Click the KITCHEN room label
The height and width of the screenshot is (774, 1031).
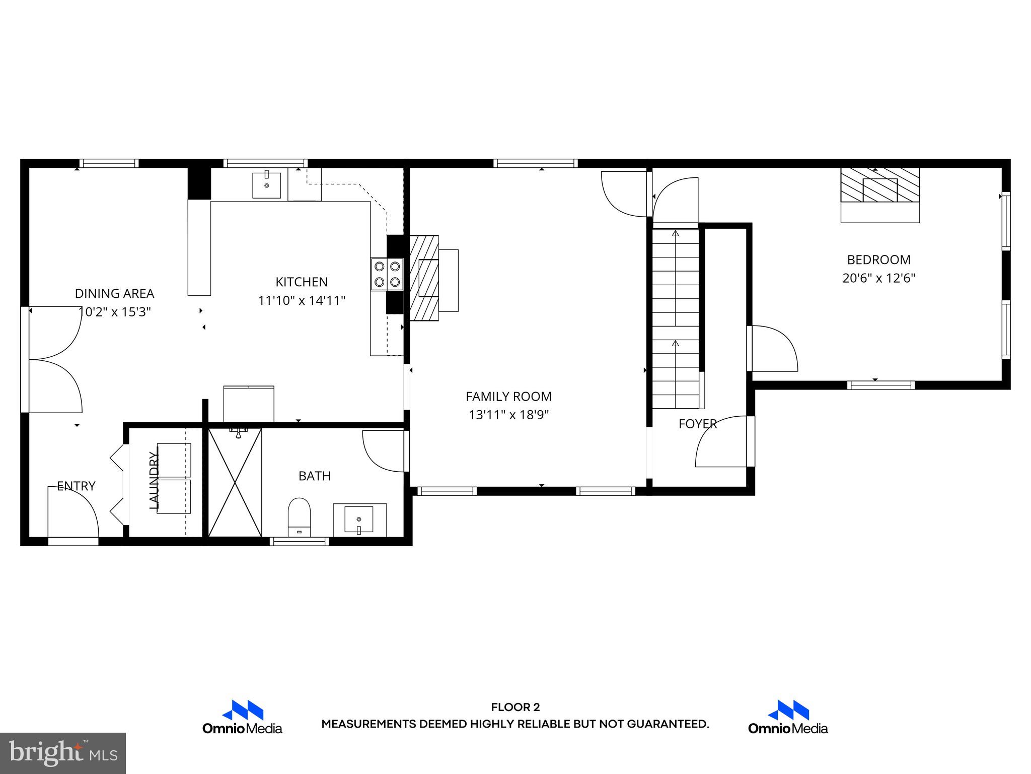[x=302, y=282]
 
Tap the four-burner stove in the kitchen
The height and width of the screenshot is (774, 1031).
[x=387, y=274]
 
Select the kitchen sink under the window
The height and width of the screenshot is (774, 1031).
[x=266, y=185]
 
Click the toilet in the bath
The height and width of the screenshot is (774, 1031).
[x=299, y=515]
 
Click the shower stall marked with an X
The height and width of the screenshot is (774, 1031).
[x=235, y=482]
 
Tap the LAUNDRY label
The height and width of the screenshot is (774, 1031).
[x=154, y=480]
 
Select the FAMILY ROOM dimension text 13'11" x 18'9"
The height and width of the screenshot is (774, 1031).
[x=508, y=415]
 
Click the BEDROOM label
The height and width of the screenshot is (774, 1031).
[x=878, y=260]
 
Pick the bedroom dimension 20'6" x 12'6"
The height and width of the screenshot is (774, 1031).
[x=878, y=278]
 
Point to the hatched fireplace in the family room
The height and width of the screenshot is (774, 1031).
[x=424, y=278]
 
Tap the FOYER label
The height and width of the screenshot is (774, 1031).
[x=697, y=424]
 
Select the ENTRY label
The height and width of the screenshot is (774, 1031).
[x=76, y=486]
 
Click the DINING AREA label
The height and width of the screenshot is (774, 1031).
[x=114, y=293]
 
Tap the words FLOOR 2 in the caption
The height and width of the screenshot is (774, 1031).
[x=515, y=707]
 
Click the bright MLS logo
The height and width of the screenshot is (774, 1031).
[x=63, y=753]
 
